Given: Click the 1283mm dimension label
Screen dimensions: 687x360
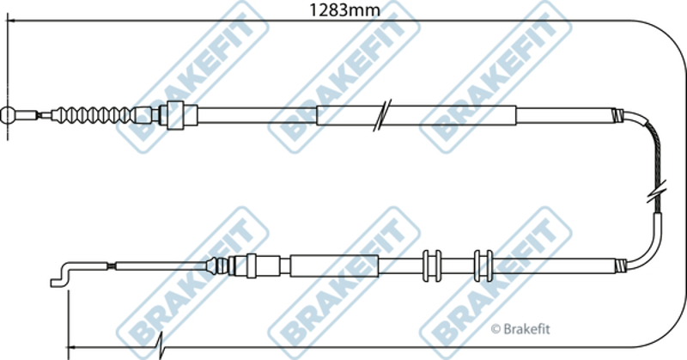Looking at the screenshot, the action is pos(345,9).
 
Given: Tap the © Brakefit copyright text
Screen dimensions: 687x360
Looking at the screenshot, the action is pos(520,329).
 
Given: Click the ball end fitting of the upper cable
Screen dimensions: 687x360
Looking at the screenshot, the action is pos(8,115).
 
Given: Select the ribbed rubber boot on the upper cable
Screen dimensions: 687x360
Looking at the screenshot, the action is pos(91,115).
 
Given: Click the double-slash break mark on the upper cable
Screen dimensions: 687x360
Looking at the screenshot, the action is pos(382,115).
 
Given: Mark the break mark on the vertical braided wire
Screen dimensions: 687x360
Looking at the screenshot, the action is pos(657,192).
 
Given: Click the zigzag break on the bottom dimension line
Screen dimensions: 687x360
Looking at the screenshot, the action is pos(161,346).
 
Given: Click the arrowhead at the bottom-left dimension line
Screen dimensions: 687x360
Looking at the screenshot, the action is pos(73,347).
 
